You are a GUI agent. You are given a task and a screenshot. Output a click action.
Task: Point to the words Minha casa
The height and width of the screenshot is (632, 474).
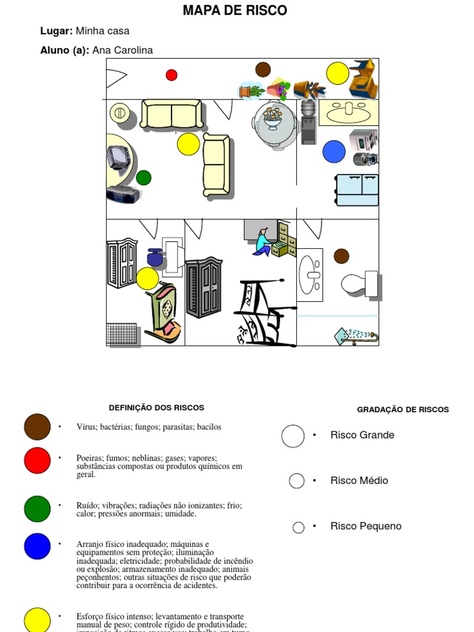[x=102, y=31]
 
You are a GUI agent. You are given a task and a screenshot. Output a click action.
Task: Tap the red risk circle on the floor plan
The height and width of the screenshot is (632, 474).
[x=172, y=75]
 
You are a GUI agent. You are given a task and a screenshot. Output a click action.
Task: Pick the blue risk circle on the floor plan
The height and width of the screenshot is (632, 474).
[x=334, y=151]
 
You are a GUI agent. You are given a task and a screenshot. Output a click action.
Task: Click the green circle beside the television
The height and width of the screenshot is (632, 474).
[x=143, y=178]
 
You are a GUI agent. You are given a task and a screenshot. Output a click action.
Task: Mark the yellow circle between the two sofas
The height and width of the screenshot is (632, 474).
[x=188, y=144]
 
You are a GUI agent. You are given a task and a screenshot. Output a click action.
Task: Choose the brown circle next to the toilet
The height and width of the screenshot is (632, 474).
[x=341, y=256]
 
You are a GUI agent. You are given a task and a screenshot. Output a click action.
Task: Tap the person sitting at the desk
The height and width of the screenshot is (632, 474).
[x=262, y=243]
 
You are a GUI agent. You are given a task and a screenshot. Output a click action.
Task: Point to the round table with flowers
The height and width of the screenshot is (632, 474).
[x=273, y=123]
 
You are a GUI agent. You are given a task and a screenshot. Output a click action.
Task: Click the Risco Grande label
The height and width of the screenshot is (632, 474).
[x=362, y=435]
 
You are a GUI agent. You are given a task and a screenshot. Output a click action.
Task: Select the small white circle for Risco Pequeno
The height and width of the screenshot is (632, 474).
[x=299, y=527]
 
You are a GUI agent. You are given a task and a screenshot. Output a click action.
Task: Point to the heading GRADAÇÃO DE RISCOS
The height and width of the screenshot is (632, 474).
[x=402, y=409]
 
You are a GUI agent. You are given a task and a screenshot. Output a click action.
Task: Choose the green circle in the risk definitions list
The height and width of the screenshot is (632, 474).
[x=37, y=509]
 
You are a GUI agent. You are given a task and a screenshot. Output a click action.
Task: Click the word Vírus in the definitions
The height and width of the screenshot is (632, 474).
[x=87, y=426]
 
